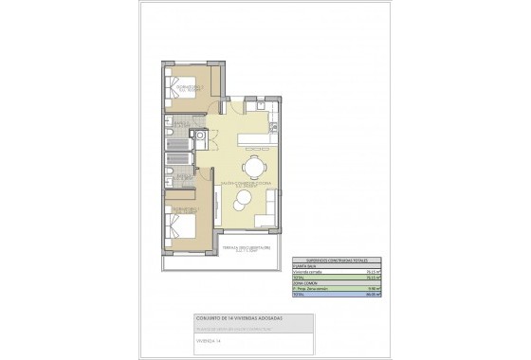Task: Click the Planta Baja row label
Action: tap(303, 265)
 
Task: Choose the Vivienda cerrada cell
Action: tap(308, 271)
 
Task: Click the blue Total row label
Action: tap(300, 294)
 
